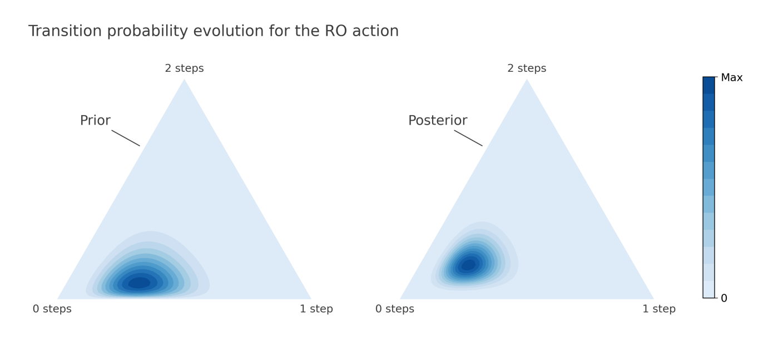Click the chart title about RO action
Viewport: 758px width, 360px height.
pos(214,31)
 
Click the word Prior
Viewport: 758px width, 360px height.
pos(95,121)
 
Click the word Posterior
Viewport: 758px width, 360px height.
pos(438,121)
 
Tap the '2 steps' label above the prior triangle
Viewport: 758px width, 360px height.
pos(185,68)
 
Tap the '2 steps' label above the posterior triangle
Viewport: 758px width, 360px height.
pos(527,68)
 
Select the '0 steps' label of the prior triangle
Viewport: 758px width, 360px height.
pos(52,309)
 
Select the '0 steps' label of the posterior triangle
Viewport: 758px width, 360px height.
pos(395,309)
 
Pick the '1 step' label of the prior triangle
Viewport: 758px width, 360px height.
pos(316,309)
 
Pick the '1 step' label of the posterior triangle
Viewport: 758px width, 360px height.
pos(659,309)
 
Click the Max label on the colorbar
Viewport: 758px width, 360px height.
pos(732,77)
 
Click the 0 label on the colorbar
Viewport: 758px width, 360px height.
pos(724,298)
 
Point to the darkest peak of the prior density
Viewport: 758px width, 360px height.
pos(139,283)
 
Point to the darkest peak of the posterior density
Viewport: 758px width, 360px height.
pos(469,265)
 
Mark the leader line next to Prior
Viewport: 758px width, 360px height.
pos(126,138)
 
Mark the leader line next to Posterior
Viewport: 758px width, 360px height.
pos(468,138)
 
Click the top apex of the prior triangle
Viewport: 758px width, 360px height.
pos(185,79)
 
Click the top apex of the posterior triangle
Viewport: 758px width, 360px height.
pos(527,79)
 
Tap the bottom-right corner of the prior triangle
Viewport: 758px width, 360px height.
pos(311,299)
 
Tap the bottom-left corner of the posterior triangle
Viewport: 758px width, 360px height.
pos(400,299)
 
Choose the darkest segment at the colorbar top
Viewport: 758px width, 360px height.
pos(709,85)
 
